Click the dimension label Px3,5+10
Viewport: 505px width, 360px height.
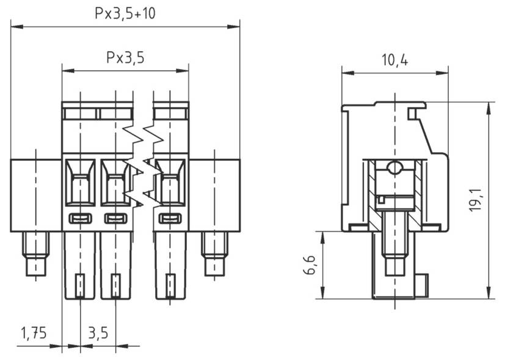click(125, 13)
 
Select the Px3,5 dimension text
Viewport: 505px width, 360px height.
click(125, 57)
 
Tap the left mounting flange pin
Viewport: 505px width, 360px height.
click(36, 254)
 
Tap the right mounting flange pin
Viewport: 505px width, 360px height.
click(214, 254)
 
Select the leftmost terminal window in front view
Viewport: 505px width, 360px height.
click(81, 183)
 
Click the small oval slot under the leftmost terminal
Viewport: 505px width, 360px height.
click(81, 218)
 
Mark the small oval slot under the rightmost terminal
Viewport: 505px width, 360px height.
click(170, 218)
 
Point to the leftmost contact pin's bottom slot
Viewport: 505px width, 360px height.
click(79, 285)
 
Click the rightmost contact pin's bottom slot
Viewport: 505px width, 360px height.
click(170, 285)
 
